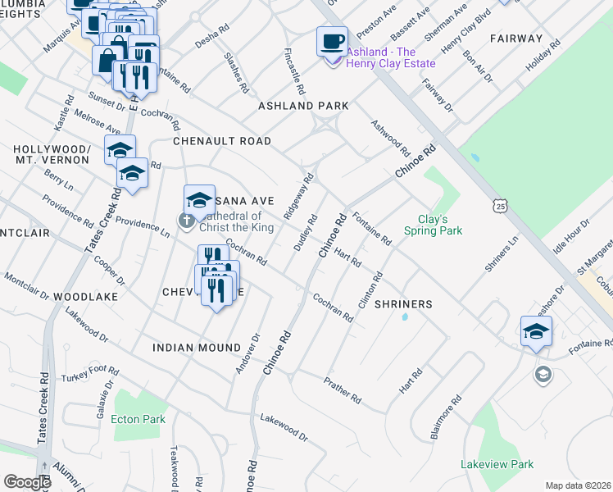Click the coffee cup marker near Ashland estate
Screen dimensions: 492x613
[x=332, y=41]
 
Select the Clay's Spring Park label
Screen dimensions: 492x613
[x=433, y=225]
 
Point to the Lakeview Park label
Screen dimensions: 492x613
[x=497, y=464]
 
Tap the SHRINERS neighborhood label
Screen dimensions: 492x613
[x=403, y=304]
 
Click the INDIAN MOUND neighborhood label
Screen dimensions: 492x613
[x=197, y=348]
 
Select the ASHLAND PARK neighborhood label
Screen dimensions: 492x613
[x=303, y=107]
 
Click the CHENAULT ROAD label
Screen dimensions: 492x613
[x=221, y=141]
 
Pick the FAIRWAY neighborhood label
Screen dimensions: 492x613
[x=516, y=39]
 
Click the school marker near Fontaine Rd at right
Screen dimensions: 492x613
[x=536, y=331]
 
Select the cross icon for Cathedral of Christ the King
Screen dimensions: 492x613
[x=187, y=219]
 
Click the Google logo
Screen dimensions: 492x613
[x=26, y=482]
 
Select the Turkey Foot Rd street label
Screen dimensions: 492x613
[x=89, y=376]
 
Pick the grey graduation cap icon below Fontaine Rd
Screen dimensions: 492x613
[x=543, y=376]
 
